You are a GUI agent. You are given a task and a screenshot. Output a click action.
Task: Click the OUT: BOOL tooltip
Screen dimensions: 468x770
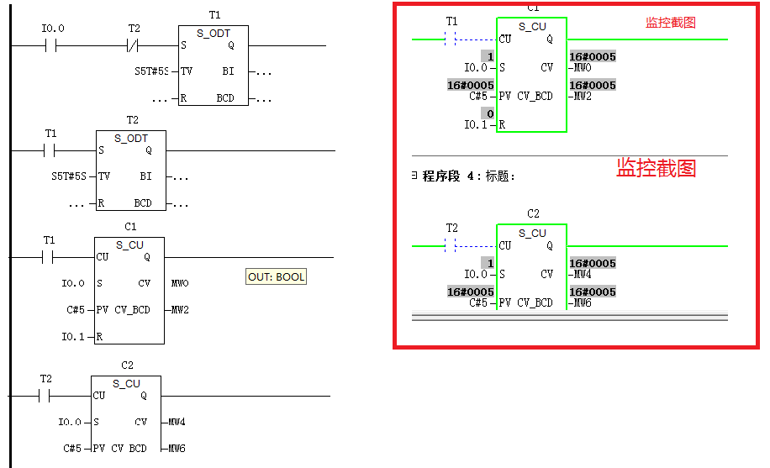tap(276, 276)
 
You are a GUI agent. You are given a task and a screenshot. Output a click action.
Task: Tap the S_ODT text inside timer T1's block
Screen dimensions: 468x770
tap(214, 33)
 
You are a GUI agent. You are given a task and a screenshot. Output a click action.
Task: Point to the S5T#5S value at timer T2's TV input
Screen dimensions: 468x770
tap(69, 177)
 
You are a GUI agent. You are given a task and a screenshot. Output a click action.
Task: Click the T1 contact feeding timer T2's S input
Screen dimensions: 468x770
tap(50, 151)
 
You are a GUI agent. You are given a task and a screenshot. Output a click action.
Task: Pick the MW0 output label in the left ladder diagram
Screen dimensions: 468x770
tap(179, 283)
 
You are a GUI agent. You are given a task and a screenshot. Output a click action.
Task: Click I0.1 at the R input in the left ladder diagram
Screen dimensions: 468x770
tap(73, 337)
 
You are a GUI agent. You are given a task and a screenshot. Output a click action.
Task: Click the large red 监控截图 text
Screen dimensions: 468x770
tap(657, 168)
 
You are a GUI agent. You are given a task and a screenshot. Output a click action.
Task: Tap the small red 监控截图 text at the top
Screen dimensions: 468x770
tap(670, 23)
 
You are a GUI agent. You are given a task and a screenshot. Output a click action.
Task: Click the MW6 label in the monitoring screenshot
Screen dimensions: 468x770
tap(583, 302)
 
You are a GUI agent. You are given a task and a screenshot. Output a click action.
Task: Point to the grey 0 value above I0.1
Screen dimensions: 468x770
tap(488, 113)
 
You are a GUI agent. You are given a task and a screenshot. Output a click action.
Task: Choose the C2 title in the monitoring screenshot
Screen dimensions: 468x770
tap(533, 214)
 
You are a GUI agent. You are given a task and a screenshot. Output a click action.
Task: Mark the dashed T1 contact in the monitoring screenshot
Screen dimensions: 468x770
tap(452, 39)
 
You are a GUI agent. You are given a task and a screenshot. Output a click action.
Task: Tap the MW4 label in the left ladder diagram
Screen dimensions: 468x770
tap(178, 422)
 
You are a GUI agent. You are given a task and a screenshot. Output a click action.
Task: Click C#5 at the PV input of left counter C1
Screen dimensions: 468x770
tap(76, 310)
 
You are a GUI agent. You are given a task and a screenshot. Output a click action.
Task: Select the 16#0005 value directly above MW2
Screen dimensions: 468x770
tap(593, 85)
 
